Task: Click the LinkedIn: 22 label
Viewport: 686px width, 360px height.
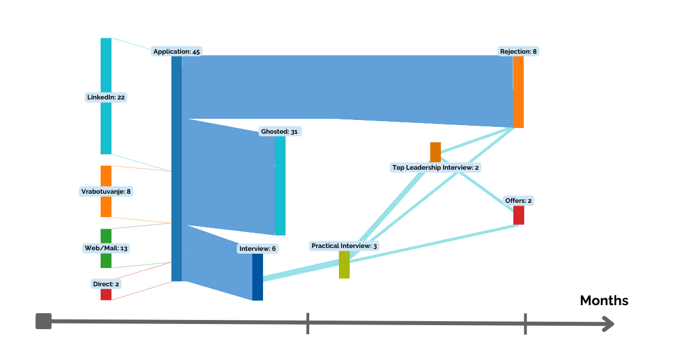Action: [106, 97]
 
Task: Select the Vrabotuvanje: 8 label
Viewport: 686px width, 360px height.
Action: [106, 191]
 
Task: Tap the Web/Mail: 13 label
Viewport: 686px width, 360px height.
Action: [106, 248]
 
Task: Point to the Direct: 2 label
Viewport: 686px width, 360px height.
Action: [106, 284]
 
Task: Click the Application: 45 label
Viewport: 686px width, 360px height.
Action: [177, 51]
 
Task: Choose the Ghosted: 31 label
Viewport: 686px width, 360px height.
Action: [280, 131]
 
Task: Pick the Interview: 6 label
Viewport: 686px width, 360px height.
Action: [258, 249]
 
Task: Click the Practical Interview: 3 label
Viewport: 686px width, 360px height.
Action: [344, 246]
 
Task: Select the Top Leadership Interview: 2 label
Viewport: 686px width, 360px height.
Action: [436, 167]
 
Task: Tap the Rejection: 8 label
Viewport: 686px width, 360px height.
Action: [519, 51]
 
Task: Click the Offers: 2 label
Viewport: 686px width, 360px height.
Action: [519, 201]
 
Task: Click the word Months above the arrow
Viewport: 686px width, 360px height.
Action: [604, 301]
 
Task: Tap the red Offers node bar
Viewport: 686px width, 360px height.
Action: [519, 215]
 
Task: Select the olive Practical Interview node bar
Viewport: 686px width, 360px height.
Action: [344, 265]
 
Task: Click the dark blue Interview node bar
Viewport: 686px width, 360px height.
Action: [258, 277]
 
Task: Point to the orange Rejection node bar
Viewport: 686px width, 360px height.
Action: [519, 92]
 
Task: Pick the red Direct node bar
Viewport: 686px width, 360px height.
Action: [106, 295]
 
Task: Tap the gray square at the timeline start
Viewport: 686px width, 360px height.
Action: [43, 321]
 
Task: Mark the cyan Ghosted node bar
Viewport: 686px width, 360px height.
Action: [280, 186]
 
